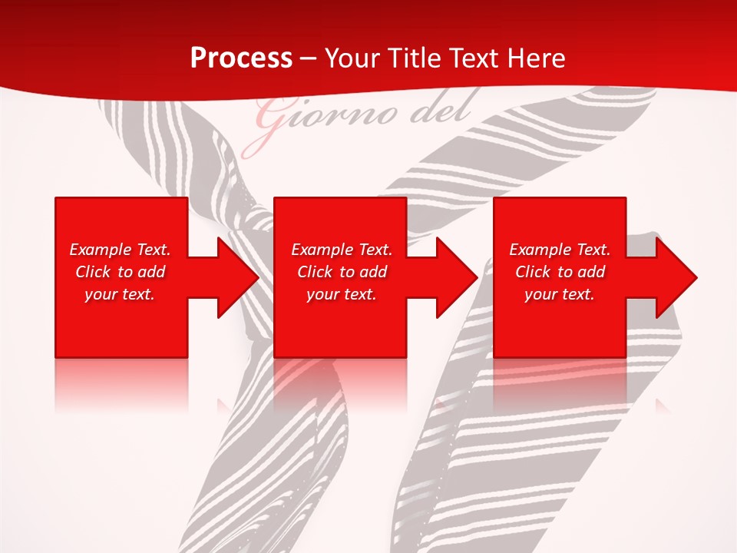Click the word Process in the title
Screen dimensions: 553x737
(x=241, y=58)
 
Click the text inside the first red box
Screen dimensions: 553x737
(x=120, y=272)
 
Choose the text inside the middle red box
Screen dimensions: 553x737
(x=342, y=272)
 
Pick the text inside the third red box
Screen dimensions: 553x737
(x=560, y=272)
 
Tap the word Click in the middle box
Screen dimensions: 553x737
(x=315, y=272)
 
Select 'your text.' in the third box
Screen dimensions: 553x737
(x=560, y=294)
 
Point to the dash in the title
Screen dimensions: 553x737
(x=309, y=58)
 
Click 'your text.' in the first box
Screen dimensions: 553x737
(x=120, y=294)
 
